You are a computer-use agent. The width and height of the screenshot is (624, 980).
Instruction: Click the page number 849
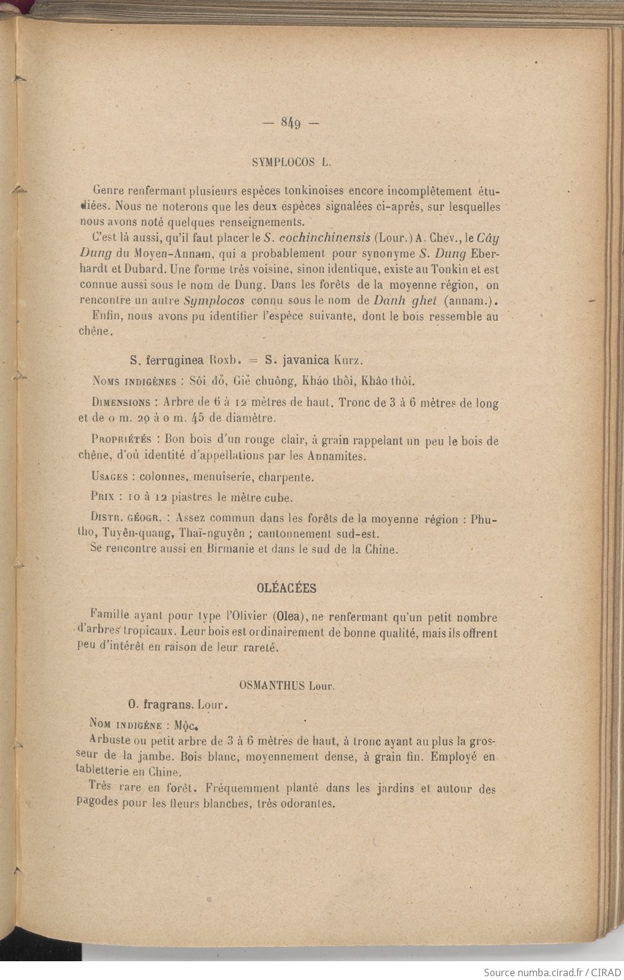[291, 123]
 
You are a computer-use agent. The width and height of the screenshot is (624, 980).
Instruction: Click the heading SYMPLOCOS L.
[291, 162]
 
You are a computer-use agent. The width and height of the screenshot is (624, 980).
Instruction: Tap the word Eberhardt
[484, 253]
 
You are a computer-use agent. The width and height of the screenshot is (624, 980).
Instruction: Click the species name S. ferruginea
[167, 360]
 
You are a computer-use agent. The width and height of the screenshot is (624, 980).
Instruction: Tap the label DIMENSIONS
[121, 402]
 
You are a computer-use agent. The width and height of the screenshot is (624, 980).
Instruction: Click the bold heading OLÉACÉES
[287, 588]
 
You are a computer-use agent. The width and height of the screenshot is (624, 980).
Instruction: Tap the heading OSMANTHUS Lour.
[287, 685]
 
